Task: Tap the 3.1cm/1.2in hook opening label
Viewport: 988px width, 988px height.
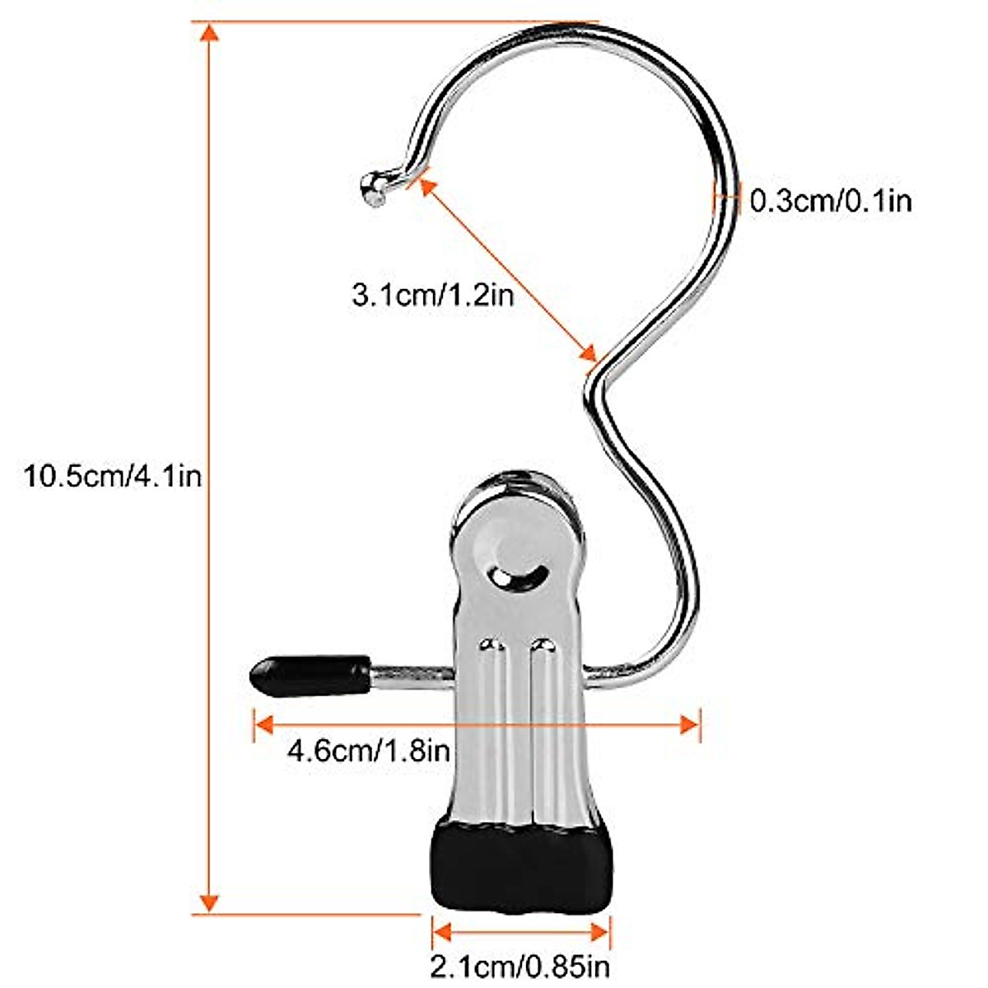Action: click(433, 293)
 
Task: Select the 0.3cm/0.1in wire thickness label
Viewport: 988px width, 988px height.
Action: click(830, 200)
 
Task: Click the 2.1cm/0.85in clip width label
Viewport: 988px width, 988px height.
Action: click(520, 963)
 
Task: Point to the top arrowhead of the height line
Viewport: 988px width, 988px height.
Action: click(210, 34)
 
